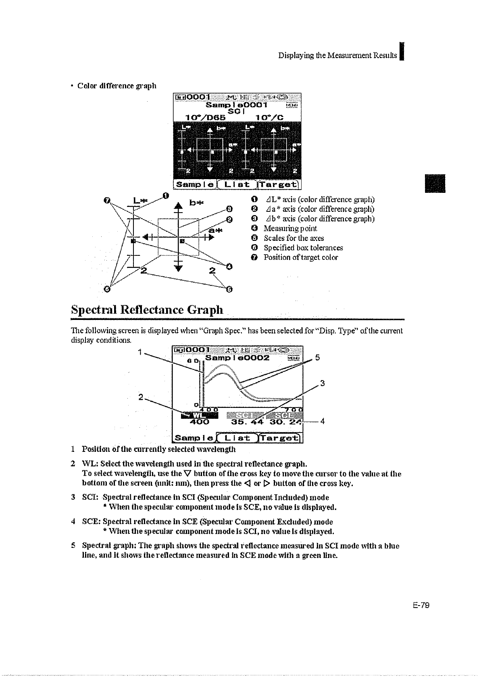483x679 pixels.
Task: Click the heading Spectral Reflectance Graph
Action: [147, 310]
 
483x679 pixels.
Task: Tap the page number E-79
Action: [420, 605]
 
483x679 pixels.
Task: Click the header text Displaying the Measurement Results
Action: [337, 55]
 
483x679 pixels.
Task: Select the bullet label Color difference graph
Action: [117, 86]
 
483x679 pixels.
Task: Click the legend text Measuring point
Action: [290, 228]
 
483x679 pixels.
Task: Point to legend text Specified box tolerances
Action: [303, 248]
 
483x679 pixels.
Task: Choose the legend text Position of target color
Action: [301, 257]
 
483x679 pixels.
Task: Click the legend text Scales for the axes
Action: [294, 238]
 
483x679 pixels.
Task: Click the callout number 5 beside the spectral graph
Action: [317, 357]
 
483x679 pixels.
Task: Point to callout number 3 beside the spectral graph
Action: [322, 383]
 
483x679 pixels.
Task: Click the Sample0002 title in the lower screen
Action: [237, 358]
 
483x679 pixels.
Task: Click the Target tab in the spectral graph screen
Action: [280, 438]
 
